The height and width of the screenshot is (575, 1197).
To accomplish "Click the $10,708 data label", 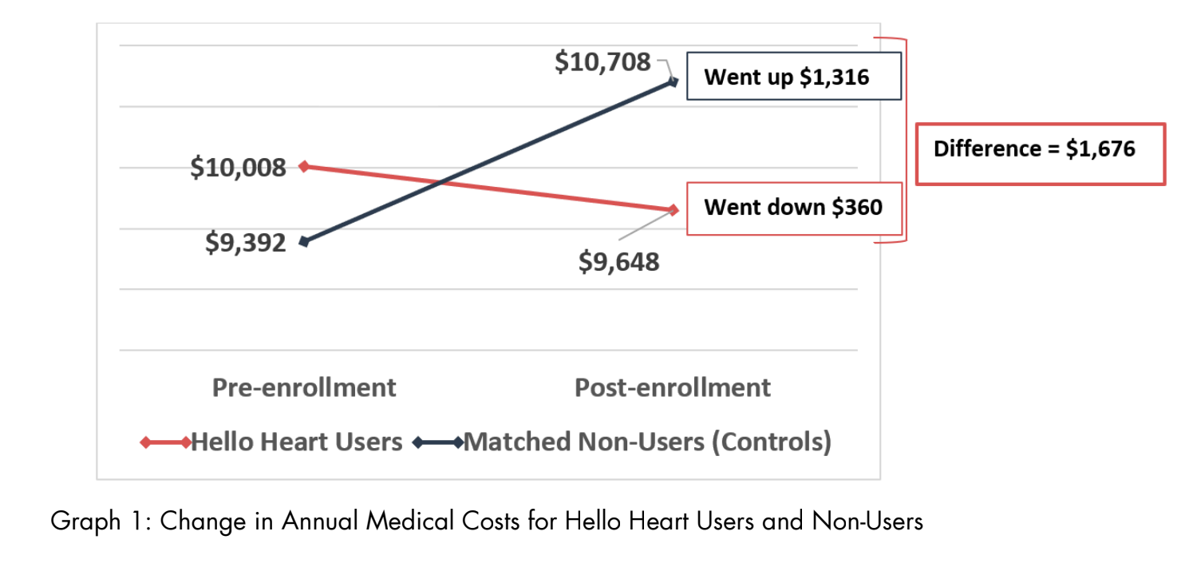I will pyautogui.click(x=602, y=62).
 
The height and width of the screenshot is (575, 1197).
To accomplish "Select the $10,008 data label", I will pyautogui.click(x=238, y=168).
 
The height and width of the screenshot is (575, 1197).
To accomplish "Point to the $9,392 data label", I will pyautogui.click(x=245, y=242).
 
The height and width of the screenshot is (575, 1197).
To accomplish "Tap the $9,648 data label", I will pyautogui.click(x=618, y=261).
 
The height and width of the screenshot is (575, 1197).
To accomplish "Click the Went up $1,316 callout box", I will pyautogui.click(x=793, y=77).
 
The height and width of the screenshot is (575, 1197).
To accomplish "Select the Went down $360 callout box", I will pyautogui.click(x=793, y=208).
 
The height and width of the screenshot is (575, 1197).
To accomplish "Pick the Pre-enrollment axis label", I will pyautogui.click(x=304, y=387).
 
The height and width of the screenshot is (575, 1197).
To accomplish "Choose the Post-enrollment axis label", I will pyautogui.click(x=673, y=387).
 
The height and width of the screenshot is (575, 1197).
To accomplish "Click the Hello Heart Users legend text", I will pyautogui.click(x=297, y=442).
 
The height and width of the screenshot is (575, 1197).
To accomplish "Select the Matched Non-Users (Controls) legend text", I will pyautogui.click(x=647, y=442).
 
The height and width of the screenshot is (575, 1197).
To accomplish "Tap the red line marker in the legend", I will pyautogui.click(x=165, y=442).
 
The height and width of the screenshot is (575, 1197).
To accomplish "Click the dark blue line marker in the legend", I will pyautogui.click(x=438, y=442).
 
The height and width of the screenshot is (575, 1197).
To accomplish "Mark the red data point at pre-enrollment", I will pyautogui.click(x=304, y=166).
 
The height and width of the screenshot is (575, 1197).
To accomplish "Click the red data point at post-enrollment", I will pyautogui.click(x=673, y=210).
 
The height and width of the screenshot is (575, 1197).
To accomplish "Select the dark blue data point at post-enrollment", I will pyautogui.click(x=673, y=81).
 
